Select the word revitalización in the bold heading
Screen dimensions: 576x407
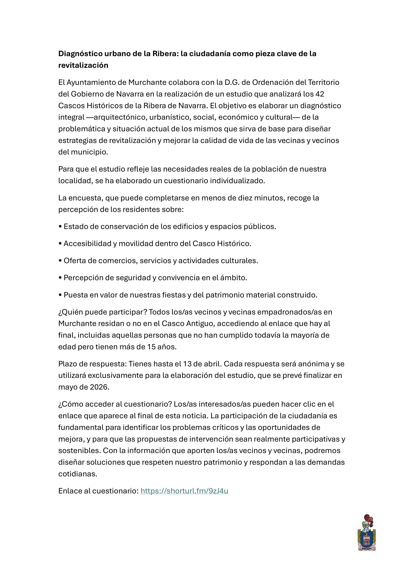click(83, 65)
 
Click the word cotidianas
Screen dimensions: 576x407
click(77, 474)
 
